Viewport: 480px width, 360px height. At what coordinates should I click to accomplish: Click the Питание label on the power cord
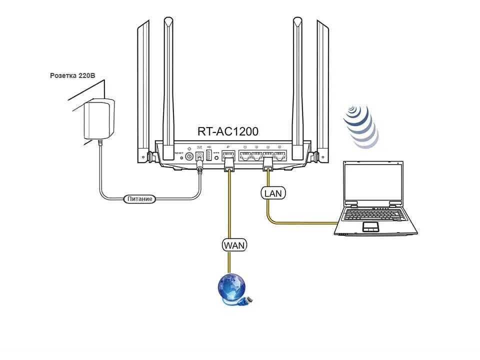(139, 199)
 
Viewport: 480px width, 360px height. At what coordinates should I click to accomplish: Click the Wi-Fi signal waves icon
(360, 125)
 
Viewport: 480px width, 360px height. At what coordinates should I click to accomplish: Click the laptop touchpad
(370, 227)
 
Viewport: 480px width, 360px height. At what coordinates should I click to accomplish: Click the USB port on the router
(208, 155)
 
